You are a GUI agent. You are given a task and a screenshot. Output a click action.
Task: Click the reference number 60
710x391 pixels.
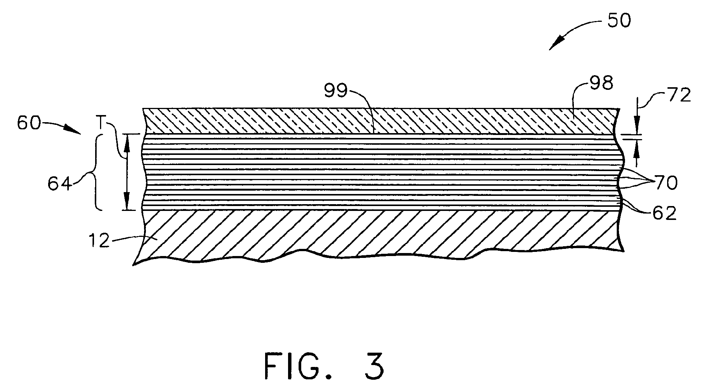(29, 123)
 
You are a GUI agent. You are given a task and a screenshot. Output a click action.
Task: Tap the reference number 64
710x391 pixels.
(60, 184)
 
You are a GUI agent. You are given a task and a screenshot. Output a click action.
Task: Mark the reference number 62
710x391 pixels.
(665, 214)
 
